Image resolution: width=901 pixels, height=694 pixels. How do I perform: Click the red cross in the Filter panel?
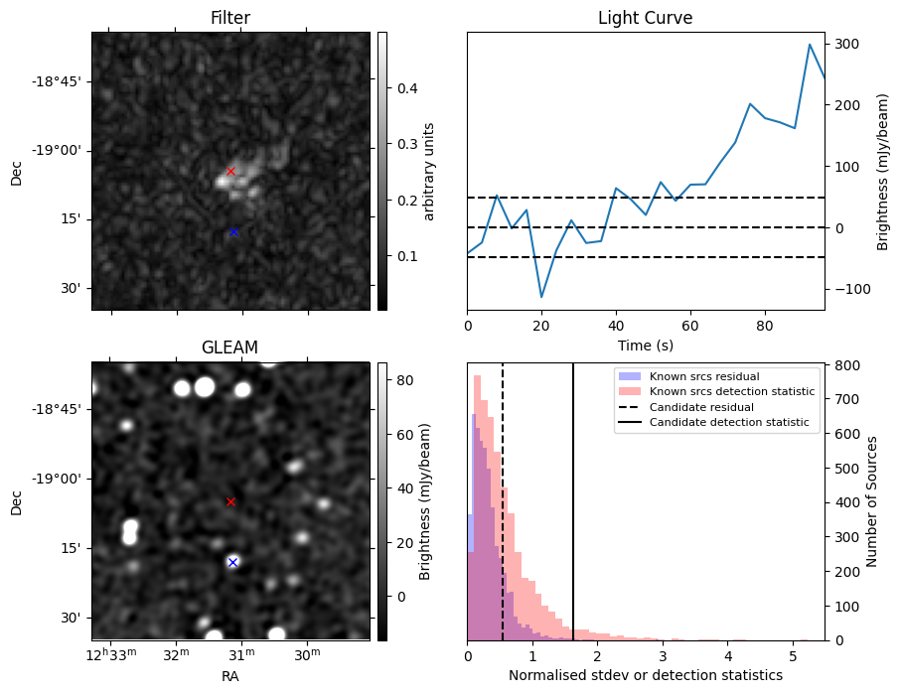230,171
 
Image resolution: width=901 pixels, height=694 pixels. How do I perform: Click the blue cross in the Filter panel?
233,231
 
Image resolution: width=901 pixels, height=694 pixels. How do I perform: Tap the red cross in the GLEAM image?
230,501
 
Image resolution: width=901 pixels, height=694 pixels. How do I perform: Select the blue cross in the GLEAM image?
232,562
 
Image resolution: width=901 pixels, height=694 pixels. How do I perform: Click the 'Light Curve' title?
645,18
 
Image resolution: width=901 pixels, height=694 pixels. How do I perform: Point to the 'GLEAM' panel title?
229,347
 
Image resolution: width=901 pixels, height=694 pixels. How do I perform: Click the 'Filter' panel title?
229,18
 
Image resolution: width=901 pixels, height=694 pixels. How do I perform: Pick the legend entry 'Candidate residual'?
701,407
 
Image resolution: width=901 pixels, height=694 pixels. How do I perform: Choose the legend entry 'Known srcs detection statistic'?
732,391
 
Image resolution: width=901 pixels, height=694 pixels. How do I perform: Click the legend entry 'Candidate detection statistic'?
728,423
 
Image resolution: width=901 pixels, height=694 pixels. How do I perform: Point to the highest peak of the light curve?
810,45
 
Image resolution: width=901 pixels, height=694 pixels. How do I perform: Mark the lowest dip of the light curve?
541,297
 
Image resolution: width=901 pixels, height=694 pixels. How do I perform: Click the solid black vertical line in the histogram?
573,496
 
